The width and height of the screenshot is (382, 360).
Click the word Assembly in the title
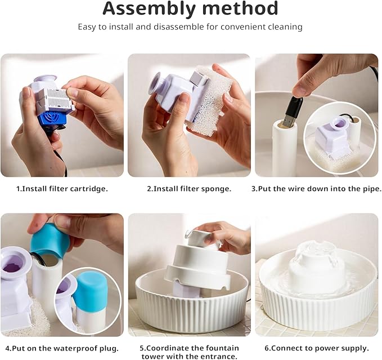147,8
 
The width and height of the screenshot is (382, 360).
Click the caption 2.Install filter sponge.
189,189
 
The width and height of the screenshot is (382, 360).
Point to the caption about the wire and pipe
316,189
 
